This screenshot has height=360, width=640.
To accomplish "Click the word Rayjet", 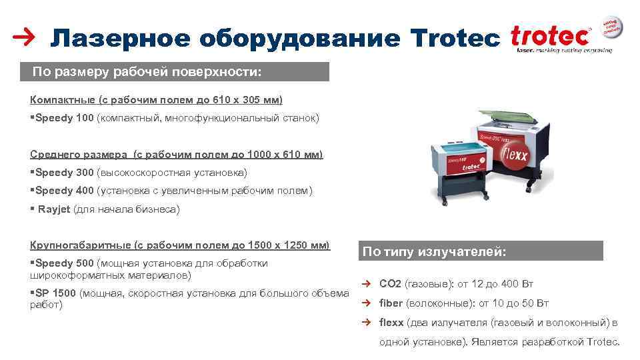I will coord(53,209).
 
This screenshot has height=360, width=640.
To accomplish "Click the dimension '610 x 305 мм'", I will coord(247,100).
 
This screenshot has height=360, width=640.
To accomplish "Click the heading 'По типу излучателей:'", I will coord(434,251).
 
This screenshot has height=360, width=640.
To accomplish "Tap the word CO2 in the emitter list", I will coord(390,283).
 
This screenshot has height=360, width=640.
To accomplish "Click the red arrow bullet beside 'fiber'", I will coord(366,303).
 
